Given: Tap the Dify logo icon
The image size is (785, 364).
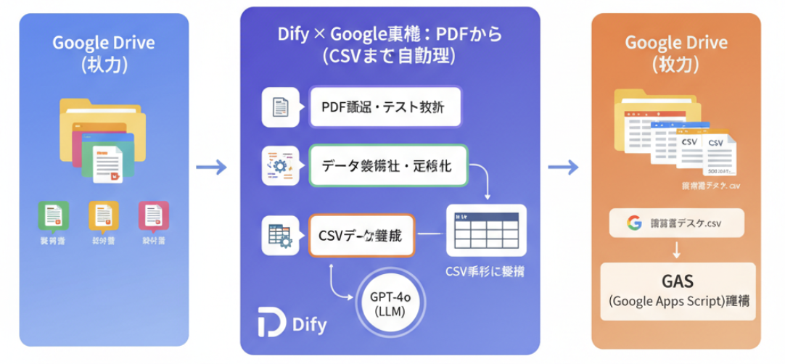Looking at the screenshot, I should coord(272,321).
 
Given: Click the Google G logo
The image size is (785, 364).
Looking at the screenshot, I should coord(635,223).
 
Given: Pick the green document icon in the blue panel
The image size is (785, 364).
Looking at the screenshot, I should coord(53,215).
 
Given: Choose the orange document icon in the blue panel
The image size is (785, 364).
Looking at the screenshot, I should coord(103,215).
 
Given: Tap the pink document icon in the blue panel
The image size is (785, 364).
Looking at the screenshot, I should coord(153,215).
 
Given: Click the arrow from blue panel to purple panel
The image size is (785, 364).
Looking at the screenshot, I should coord(211,167).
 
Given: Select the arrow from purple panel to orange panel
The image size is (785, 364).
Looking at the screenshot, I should coord(563,167).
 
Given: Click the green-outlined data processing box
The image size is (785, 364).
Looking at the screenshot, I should coord(389,166).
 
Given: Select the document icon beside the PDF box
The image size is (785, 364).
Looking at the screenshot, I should coord(280,108).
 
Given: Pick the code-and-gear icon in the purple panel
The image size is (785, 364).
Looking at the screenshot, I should coord(280,166).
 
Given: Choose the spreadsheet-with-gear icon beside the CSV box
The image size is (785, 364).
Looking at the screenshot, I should coord(280,235).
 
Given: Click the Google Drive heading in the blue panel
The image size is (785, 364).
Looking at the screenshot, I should coord(104,42).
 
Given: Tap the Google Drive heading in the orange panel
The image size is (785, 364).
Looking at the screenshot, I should coord(676,42).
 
